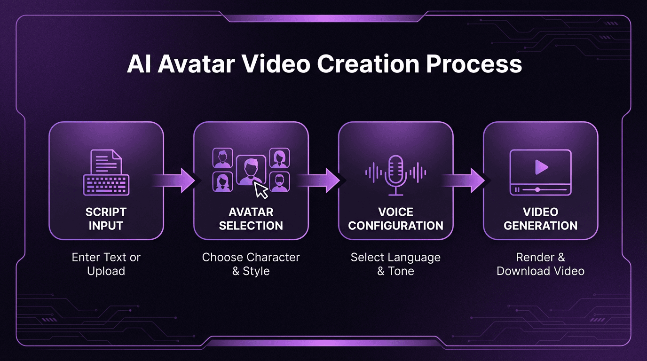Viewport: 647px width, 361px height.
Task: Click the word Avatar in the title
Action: [x=196, y=64]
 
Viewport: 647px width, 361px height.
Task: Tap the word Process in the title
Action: [x=474, y=64]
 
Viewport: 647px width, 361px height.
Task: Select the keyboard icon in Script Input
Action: [x=106, y=185]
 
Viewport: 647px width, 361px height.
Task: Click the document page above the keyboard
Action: [x=106, y=161]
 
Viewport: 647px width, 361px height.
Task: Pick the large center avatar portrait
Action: [x=251, y=170]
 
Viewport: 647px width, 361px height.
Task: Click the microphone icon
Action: [x=395, y=175]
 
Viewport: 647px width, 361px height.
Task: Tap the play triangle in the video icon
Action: [x=541, y=167]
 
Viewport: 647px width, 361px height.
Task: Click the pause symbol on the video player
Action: [x=517, y=190]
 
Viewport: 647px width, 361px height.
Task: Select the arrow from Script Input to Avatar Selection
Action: [x=174, y=180]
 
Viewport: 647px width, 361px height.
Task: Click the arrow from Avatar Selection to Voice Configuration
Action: [x=319, y=180]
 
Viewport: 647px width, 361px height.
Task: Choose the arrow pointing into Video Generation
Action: [x=463, y=180]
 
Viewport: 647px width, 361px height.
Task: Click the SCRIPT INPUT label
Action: [x=106, y=219]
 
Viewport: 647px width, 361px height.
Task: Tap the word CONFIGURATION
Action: [x=395, y=226]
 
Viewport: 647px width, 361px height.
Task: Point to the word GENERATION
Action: [x=540, y=226]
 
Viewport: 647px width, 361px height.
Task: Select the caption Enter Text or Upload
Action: [x=106, y=264]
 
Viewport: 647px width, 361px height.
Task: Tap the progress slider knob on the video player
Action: [x=537, y=190]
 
